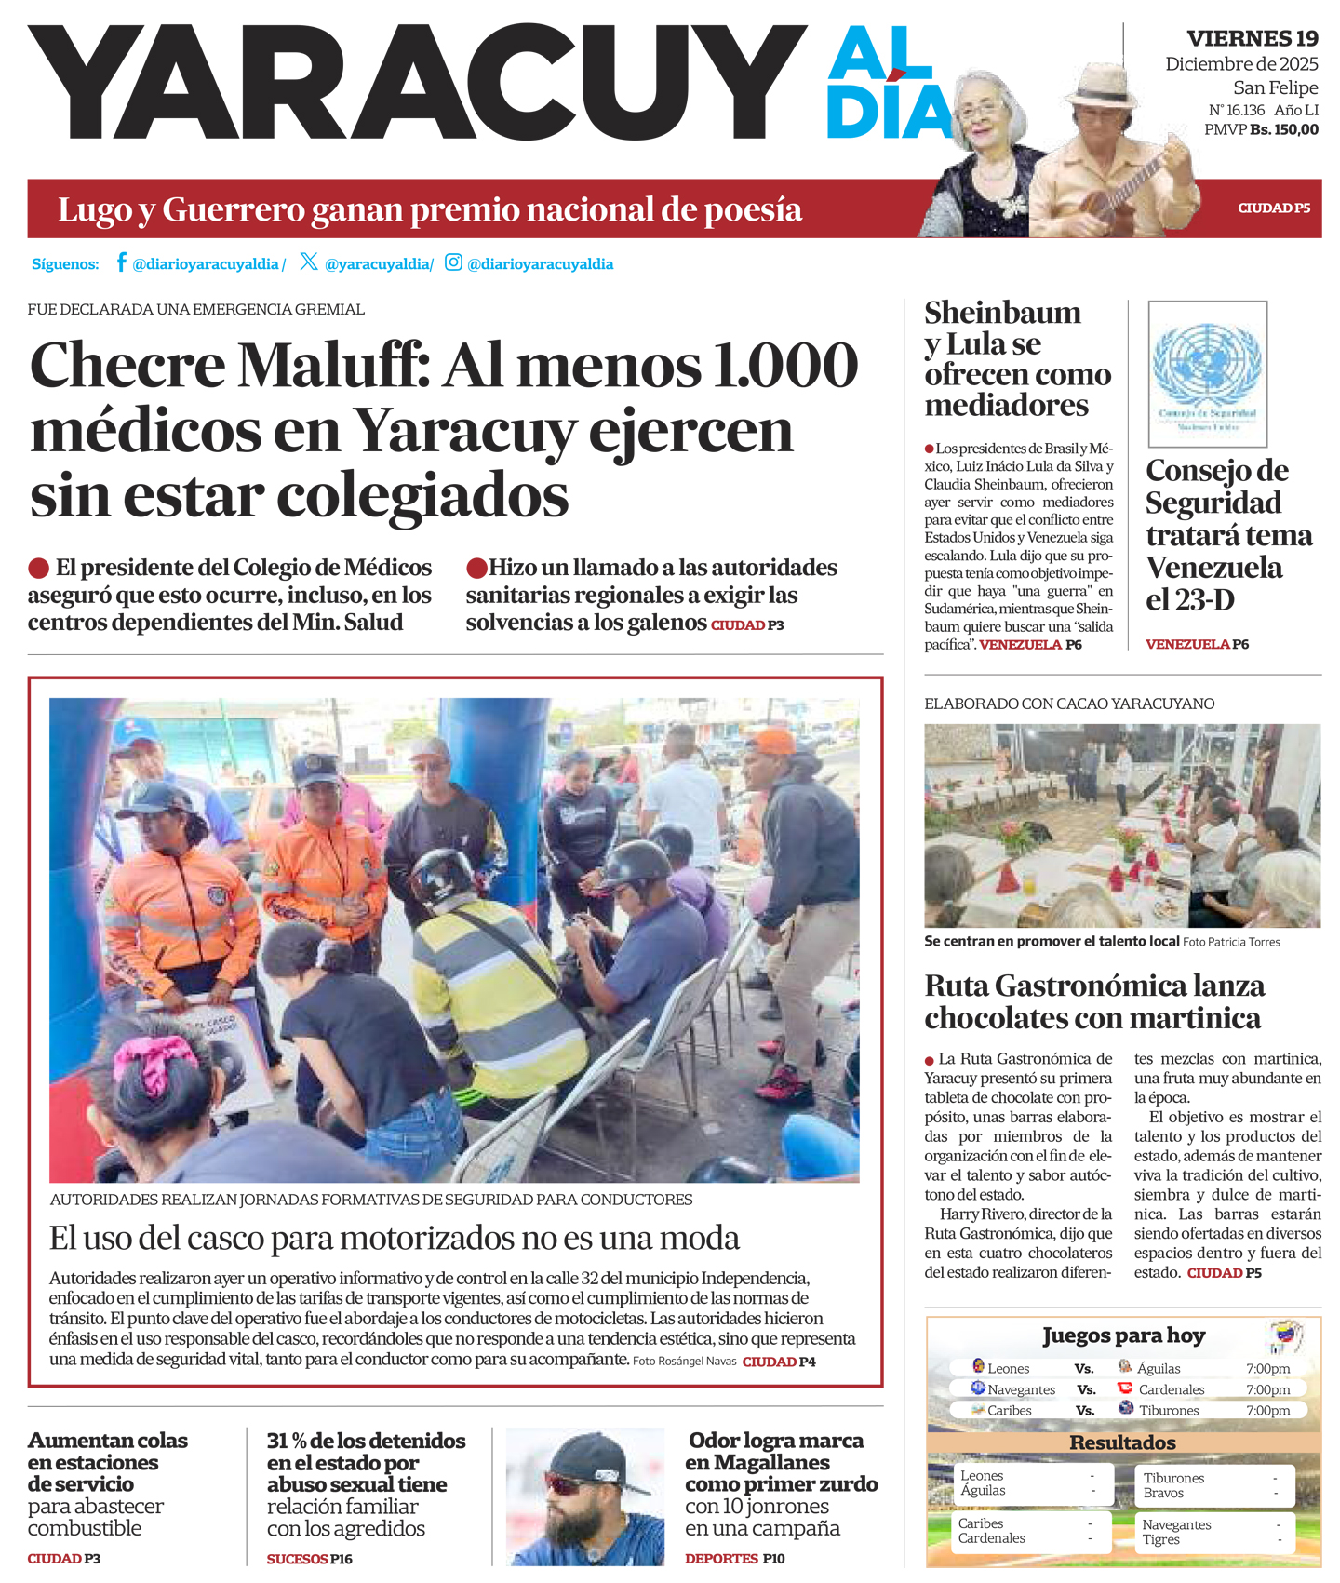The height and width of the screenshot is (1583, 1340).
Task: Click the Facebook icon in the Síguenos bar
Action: tap(121, 262)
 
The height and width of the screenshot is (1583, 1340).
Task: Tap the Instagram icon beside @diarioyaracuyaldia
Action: tap(453, 262)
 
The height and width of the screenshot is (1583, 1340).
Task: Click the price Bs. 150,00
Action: tap(1284, 130)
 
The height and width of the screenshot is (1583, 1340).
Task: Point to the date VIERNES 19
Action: tap(1253, 38)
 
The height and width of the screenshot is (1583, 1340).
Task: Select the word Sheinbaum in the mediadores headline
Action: tap(1002, 313)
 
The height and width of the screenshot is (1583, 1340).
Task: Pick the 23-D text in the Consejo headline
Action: tap(1190, 600)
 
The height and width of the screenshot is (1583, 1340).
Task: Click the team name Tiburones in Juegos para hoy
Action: tap(1169, 1410)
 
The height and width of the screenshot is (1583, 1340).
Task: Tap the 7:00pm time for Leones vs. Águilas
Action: tap(1267, 1368)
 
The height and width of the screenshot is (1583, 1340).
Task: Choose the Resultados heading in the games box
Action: tap(1122, 1442)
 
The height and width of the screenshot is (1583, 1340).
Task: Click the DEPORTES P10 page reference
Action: tap(734, 1558)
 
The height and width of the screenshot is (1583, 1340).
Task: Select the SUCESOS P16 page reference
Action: tap(309, 1559)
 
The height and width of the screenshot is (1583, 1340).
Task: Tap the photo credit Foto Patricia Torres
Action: tap(1231, 942)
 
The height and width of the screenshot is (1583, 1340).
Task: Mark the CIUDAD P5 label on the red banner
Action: tap(1273, 208)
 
